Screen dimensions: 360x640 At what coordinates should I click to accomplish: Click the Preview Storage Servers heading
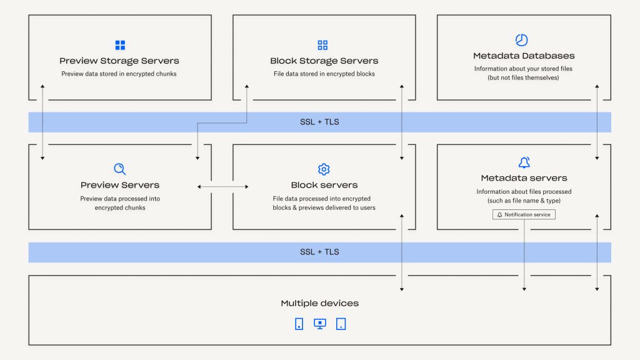[119, 61]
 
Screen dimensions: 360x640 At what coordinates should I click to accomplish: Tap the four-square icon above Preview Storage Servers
[120, 45]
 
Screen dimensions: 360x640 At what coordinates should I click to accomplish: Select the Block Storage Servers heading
[324, 61]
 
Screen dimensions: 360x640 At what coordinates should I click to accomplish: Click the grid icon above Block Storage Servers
[322, 45]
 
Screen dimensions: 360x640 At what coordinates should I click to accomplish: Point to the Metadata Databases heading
[524, 56]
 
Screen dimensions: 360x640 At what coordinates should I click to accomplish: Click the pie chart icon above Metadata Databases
[521, 40]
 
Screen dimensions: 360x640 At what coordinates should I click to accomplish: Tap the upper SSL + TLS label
[319, 122]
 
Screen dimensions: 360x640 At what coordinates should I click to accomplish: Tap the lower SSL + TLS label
[319, 252]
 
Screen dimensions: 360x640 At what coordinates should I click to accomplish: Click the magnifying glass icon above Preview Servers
[120, 169]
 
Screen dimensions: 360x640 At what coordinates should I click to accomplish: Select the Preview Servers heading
[120, 185]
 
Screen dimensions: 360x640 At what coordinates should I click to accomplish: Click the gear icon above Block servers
[324, 169]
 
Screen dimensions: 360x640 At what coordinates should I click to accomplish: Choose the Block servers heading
[324, 185]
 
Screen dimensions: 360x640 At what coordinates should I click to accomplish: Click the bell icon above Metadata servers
[524, 163]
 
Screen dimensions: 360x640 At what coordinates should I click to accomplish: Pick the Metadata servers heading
[524, 178]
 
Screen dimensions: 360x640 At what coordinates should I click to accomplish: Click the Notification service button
[524, 214]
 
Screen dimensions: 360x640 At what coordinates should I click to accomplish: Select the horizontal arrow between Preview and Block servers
[223, 186]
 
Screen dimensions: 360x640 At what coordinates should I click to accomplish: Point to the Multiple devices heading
[319, 303]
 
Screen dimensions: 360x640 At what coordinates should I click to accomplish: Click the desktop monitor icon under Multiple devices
[320, 324]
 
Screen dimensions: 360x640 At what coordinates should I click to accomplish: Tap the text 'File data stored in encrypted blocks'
[324, 74]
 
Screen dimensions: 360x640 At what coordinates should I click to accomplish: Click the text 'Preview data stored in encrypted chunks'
[119, 74]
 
